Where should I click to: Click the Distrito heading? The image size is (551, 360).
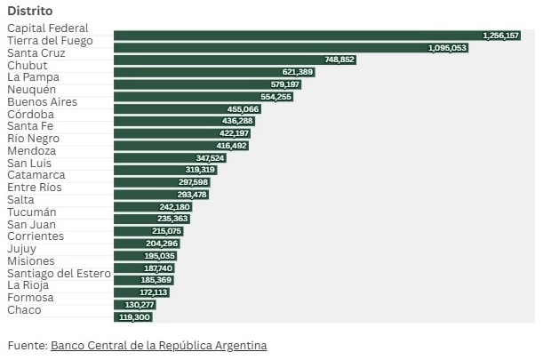(30, 11)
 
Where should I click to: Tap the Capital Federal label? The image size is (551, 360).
(48, 28)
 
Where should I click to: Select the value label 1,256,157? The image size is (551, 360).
(500, 36)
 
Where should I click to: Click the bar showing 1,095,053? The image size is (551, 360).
(291, 48)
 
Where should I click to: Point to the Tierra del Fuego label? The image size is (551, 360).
(50, 41)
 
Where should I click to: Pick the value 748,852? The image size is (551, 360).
(339, 60)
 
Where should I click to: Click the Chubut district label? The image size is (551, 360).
(27, 66)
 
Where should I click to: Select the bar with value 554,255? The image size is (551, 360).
(204, 97)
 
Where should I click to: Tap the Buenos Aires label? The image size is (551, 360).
(42, 102)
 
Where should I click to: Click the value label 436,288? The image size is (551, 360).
(237, 121)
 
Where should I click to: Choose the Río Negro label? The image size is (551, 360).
(34, 139)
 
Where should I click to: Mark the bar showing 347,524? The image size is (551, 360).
(170, 158)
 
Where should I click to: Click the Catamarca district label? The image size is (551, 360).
(36, 175)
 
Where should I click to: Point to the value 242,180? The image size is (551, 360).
(174, 207)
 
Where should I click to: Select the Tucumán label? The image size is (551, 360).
(32, 212)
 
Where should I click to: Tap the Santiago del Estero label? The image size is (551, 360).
(59, 274)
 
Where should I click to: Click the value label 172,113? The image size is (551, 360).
(153, 292)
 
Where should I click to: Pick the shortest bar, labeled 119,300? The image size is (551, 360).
(133, 317)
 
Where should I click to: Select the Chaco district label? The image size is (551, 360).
(24, 310)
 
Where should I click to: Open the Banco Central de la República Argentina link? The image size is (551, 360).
(159, 345)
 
